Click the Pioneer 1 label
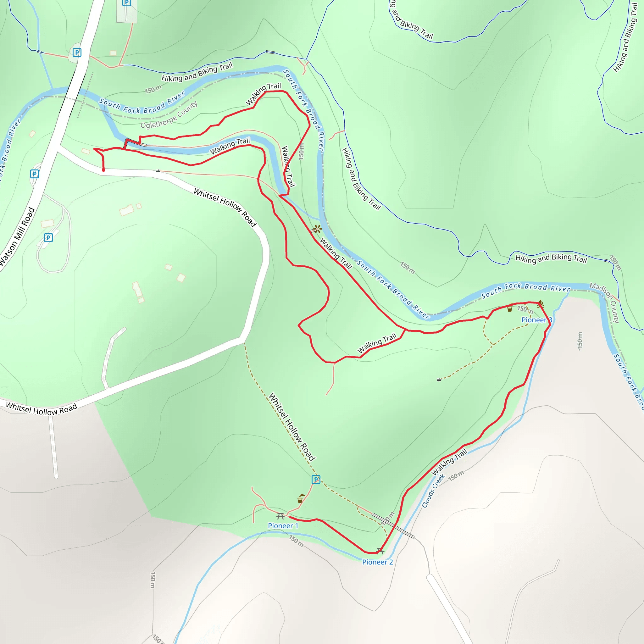(x=283, y=526)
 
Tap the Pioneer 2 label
(x=377, y=562)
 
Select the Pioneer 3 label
(x=537, y=320)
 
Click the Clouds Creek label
(x=433, y=491)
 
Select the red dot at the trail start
(x=103, y=170)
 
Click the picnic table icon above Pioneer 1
(x=280, y=516)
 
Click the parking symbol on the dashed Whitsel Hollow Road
(x=316, y=479)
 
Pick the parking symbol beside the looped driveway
(x=48, y=238)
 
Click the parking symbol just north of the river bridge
(x=77, y=52)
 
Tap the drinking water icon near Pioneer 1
(x=301, y=498)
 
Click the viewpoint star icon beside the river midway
(x=317, y=229)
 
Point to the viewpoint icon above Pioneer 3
(x=540, y=304)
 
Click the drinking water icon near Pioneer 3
(x=510, y=308)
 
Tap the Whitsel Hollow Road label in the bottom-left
(x=41, y=409)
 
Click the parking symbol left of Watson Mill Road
(x=34, y=174)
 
